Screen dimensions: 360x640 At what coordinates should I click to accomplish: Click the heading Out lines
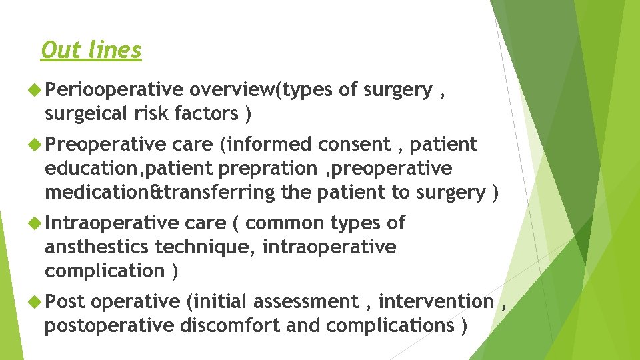pyautogui.click(x=91, y=50)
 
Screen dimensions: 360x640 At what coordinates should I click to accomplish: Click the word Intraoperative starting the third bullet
pyautogui.click(x=111, y=223)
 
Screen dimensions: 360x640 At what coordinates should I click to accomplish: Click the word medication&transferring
pyautogui.click(x=159, y=192)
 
